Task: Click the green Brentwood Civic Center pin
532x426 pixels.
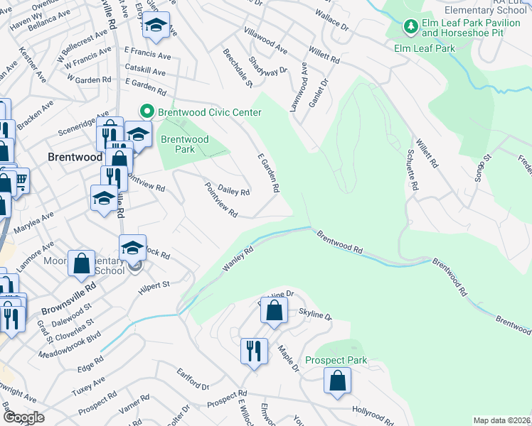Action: (147, 112)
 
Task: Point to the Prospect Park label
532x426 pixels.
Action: (336, 360)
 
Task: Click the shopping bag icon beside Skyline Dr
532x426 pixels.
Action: (274, 310)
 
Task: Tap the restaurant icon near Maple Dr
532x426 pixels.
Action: (254, 349)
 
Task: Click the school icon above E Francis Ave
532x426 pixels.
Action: (156, 26)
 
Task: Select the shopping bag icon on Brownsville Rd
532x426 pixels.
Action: (82, 263)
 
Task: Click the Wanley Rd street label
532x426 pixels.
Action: (238, 258)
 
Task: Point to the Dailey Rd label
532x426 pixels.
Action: (233, 190)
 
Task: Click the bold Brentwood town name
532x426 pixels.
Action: (75, 156)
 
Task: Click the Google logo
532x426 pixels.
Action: (24, 417)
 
